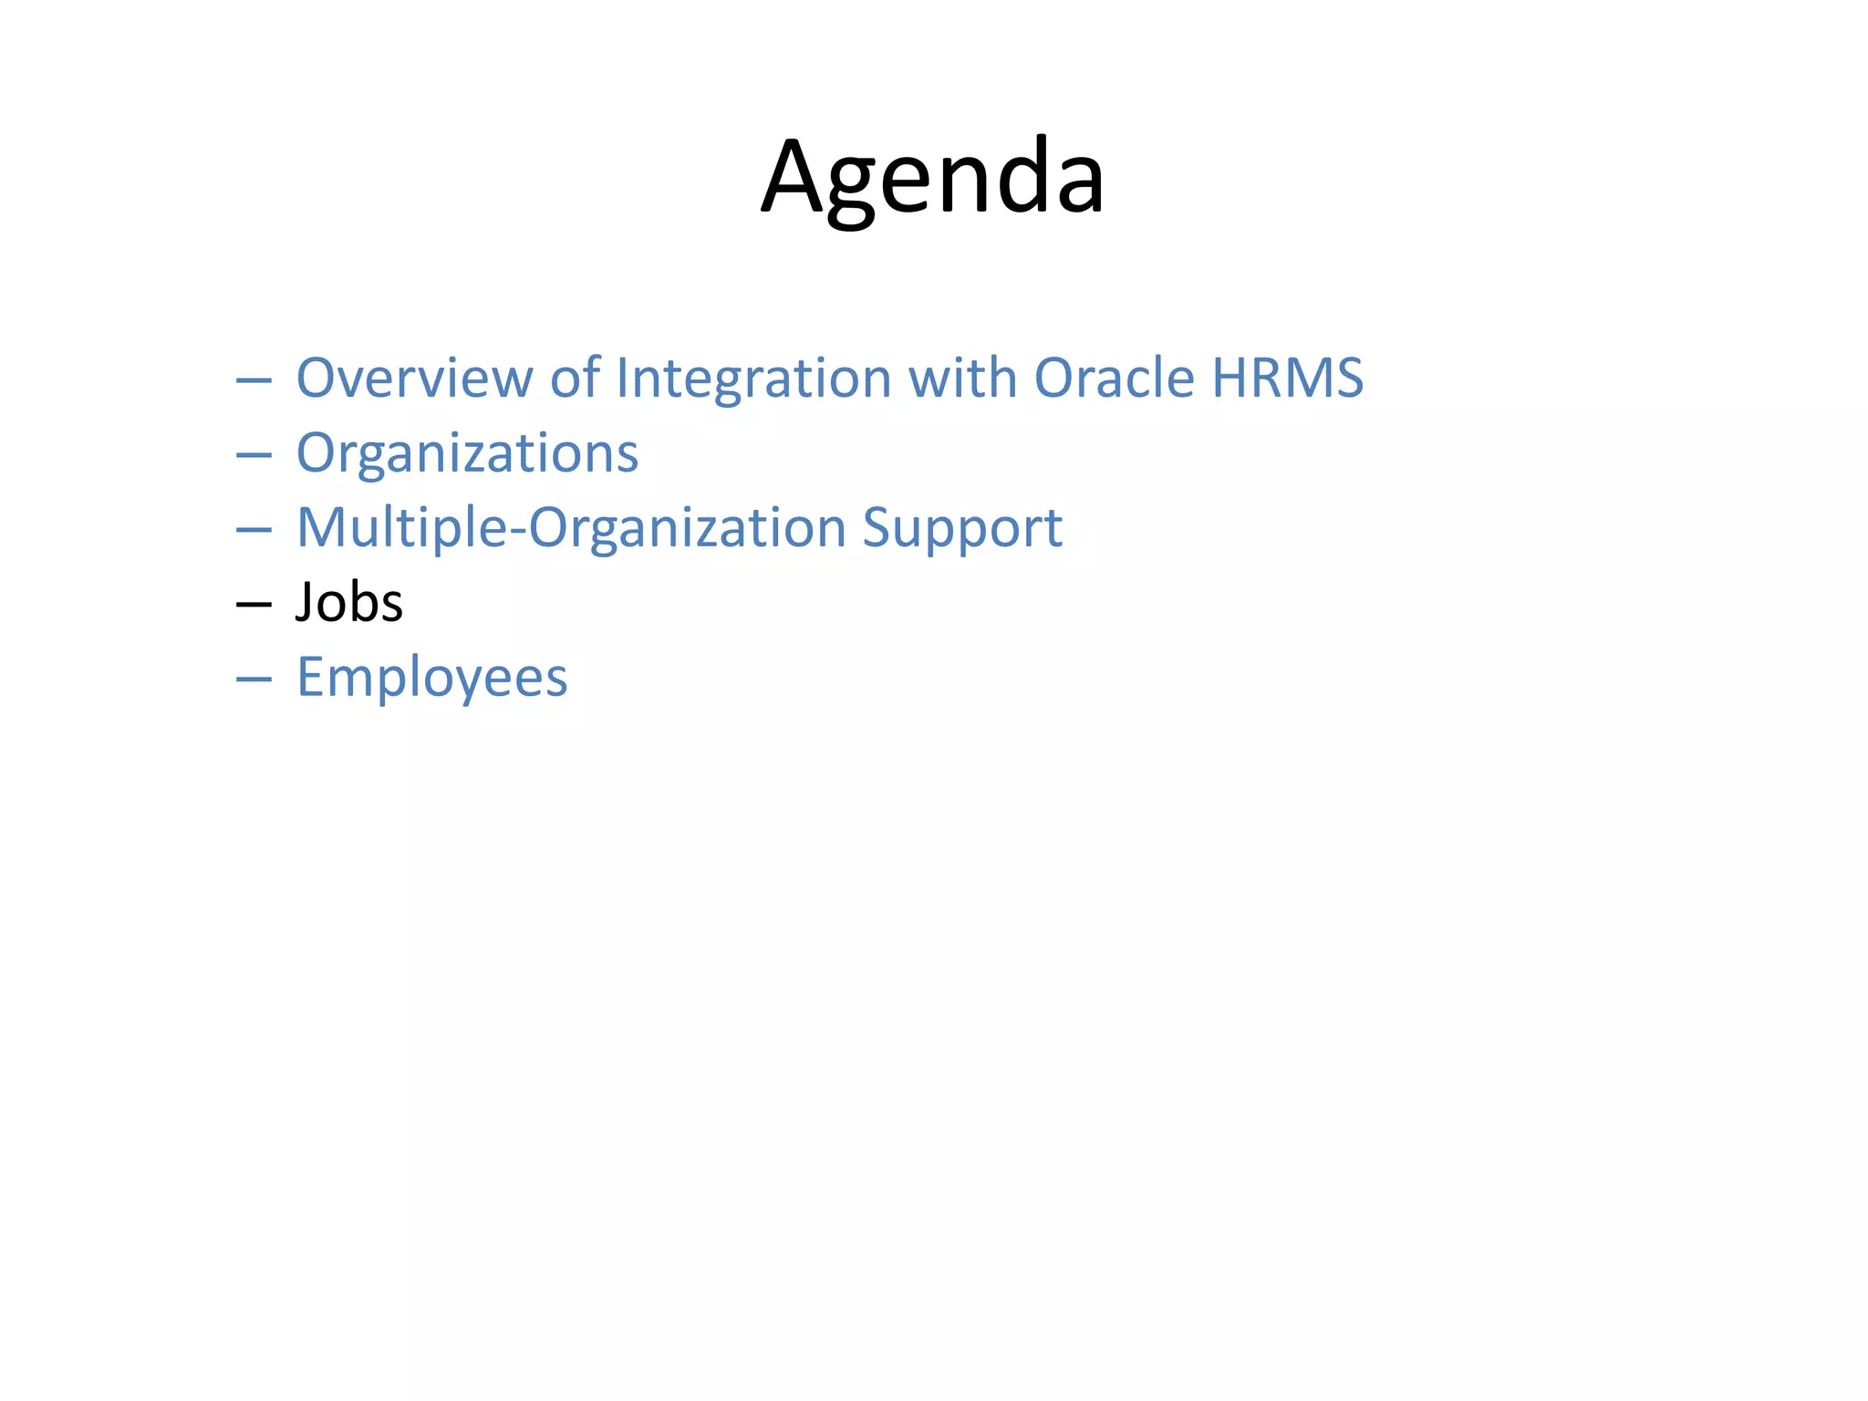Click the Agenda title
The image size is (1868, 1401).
[932, 178]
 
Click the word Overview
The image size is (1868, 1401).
[414, 378]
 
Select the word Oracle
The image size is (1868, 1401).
[1114, 378]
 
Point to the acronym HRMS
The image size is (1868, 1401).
[1287, 378]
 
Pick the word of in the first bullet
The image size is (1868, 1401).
[575, 378]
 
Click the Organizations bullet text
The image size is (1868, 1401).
[467, 453]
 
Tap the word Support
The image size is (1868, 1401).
[962, 528]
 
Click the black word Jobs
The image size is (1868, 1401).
[349, 603]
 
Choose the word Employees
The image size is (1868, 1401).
[432, 678]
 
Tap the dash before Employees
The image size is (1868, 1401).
[254, 680]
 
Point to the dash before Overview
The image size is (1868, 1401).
[254, 380]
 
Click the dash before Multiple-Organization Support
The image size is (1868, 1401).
[254, 530]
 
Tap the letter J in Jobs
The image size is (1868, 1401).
[306, 603]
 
